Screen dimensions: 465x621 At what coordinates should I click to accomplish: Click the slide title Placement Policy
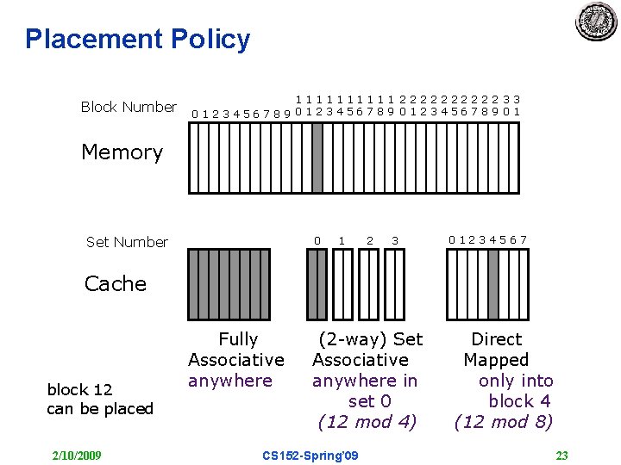tap(137, 39)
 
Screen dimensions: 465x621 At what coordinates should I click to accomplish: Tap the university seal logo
tap(596, 22)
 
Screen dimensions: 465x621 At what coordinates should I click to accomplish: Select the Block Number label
tap(129, 107)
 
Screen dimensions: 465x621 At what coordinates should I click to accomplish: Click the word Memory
tap(122, 152)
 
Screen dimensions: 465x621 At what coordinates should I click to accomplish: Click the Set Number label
tap(127, 242)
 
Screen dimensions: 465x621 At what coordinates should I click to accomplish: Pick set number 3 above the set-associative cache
tap(394, 239)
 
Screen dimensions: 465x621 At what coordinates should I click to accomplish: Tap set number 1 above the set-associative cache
tap(342, 239)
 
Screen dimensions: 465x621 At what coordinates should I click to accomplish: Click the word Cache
tap(116, 284)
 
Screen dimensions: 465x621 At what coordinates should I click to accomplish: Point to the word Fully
tap(238, 339)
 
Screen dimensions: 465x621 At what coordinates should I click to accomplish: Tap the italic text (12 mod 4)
tap(367, 422)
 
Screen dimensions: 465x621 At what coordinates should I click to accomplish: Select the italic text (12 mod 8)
tap(505, 422)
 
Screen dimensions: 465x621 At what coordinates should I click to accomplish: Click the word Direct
tap(496, 339)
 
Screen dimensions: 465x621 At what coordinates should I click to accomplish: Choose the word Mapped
tap(496, 360)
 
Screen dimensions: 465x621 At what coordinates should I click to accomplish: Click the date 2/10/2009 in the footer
tap(77, 455)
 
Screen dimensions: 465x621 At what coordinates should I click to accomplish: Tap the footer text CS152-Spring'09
tap(310, 455)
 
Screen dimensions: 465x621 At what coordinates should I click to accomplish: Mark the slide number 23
tap(561, 455)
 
